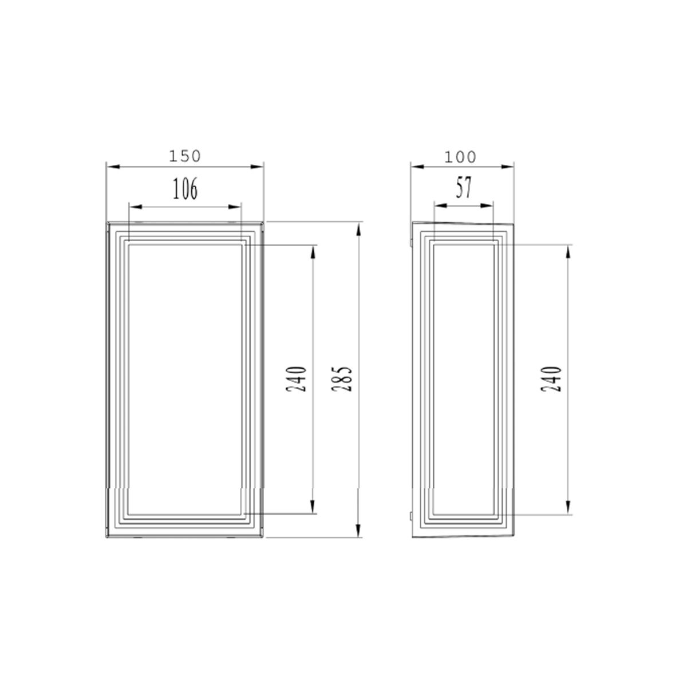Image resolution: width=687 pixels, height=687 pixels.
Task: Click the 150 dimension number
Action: pyautogui.click(x=185, y=156)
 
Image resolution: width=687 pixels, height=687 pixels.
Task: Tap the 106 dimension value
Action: pyautogui.click(x=185, y=188)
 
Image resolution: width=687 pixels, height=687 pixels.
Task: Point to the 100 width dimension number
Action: pyautogui.click(x=460, y=157)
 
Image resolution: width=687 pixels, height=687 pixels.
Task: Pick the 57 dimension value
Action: pyautogui.click(x=464, y=188)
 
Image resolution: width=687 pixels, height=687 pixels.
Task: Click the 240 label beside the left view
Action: pyautogui.click(x=296, y=379)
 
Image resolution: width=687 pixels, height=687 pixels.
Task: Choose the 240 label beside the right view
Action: pyautogui.click(x=551, y=379)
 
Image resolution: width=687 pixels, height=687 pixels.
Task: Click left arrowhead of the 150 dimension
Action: pyautogui.click(x=113, y=167)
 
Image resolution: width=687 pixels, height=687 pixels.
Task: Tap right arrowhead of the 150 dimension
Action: pyautogui.click(x=256, y=167)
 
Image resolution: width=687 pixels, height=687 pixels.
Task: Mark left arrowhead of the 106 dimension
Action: pyautogui.click(x=136, y=207)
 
